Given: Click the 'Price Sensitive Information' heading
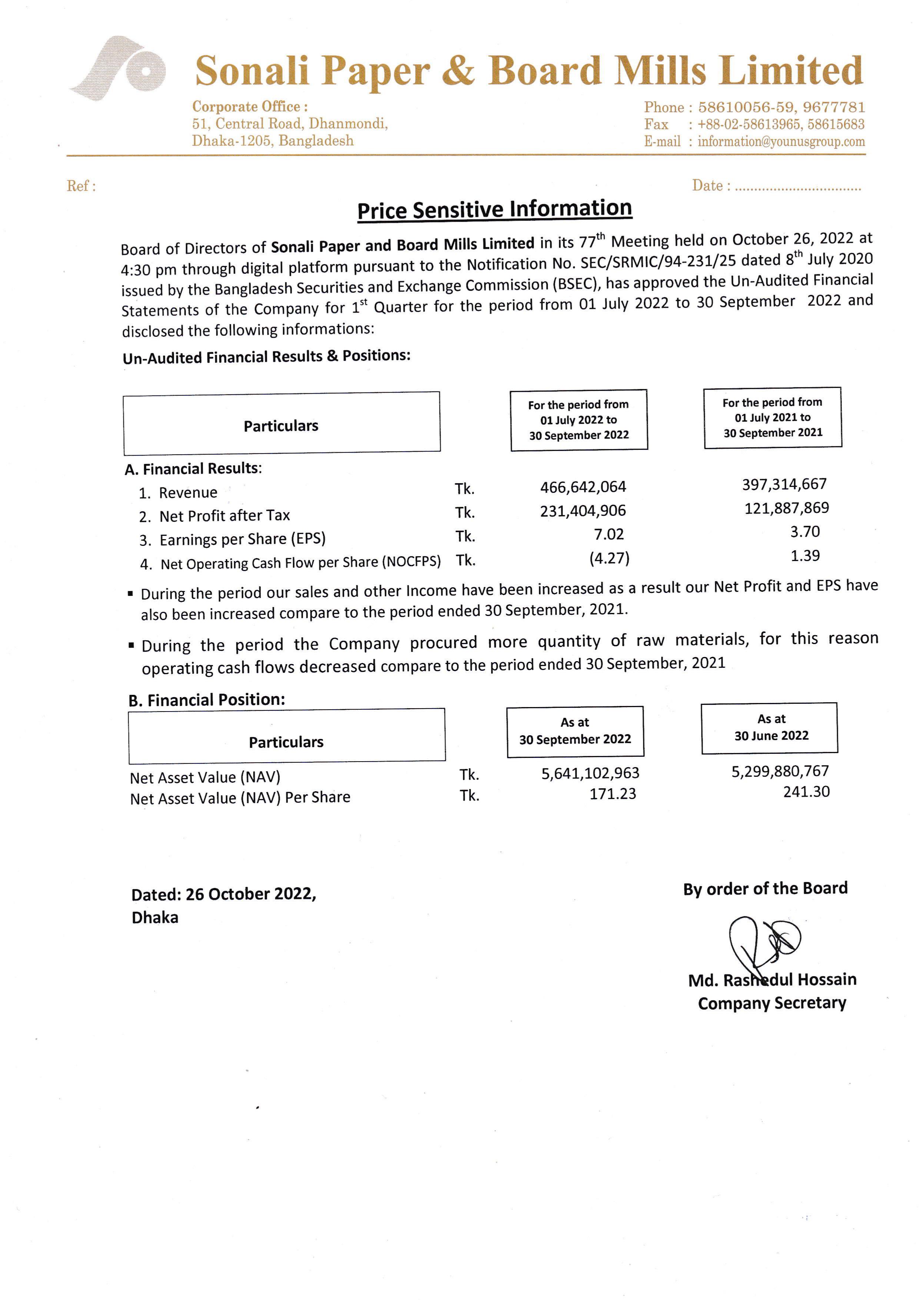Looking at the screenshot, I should (x=494, y=209).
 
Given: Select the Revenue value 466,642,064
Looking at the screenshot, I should (x=583, y=487).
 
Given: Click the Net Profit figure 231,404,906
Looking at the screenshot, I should (x=583, y=511).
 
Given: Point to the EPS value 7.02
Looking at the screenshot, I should (x=609, y=534).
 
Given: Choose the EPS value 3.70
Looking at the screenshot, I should (x=804, y=532).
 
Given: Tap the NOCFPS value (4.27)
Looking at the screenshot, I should (x=609, y=558).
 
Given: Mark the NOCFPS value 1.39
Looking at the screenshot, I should (x=804, y=556).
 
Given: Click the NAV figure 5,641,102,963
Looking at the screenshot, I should (x=590, y=773).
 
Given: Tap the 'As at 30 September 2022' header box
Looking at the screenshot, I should (x=575, y=732).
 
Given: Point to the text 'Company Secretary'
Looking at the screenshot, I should (x=772, y=1003).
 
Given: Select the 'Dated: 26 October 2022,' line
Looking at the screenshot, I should (x=224, y=894).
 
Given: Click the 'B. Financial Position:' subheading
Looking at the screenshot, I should (x=207, y=700).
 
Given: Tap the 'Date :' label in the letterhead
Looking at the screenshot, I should (x=711, y=186).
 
